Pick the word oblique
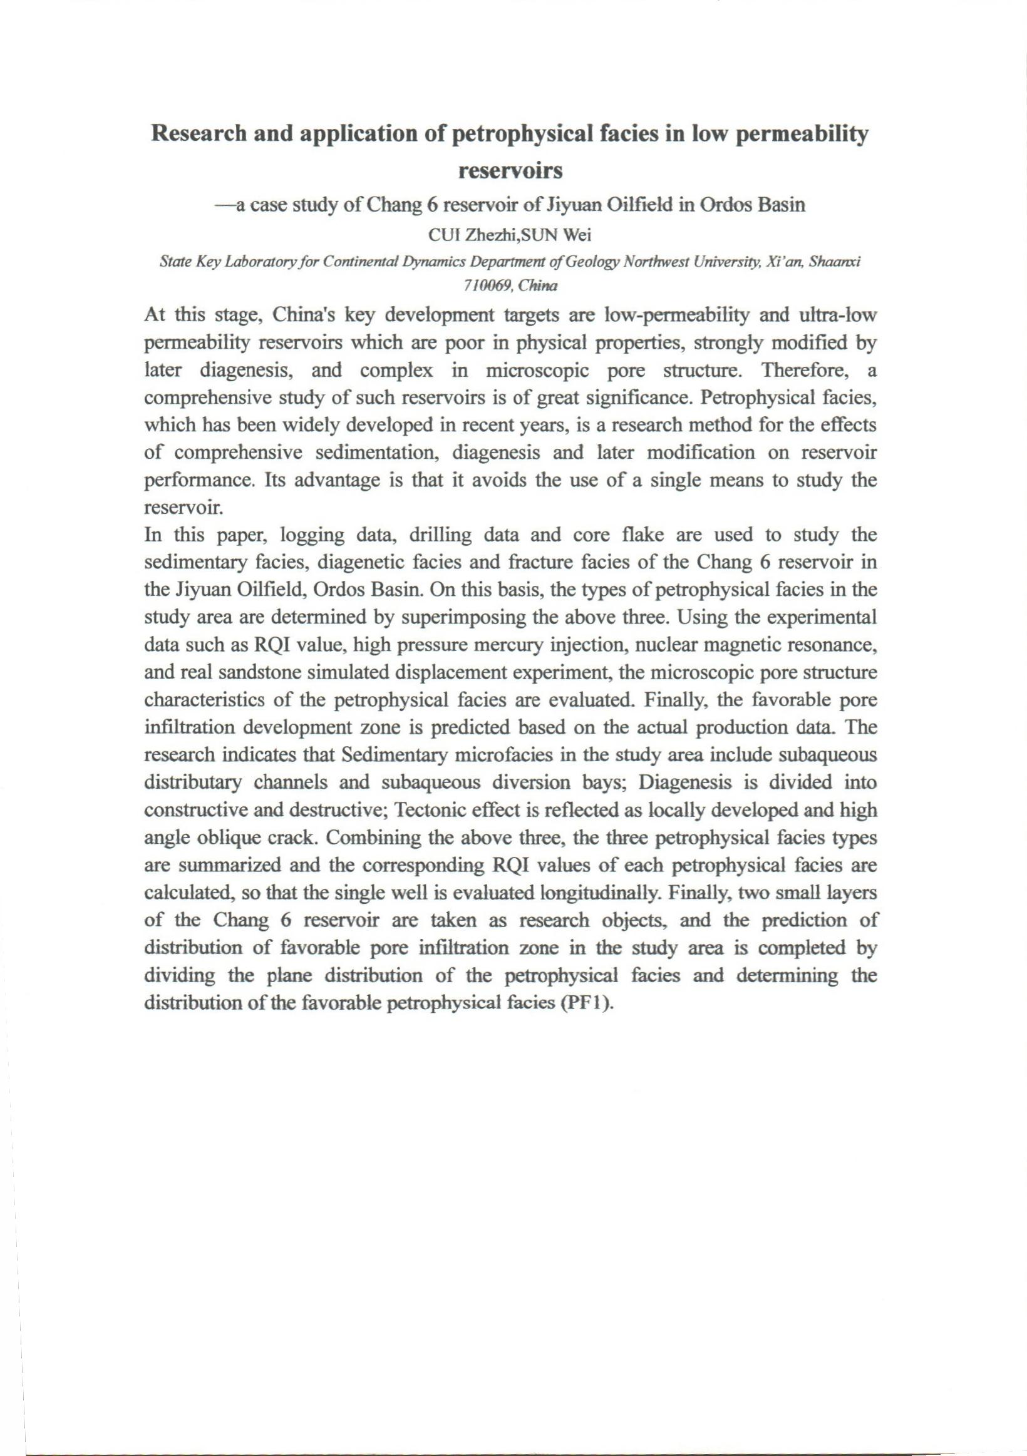222,838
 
